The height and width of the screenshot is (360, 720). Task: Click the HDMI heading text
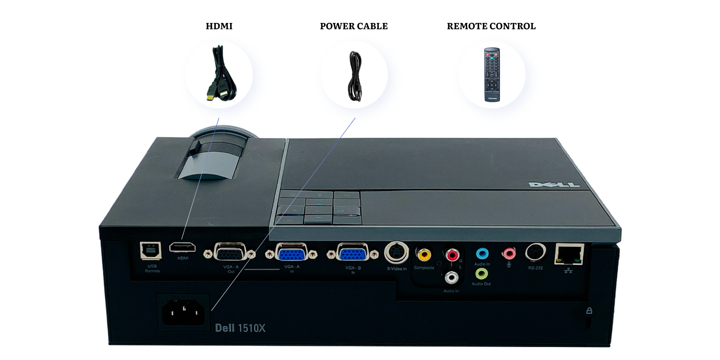pos(219,26)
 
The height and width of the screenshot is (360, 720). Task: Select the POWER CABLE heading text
pos(354,26)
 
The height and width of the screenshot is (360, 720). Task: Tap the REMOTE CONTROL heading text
pos(491,26)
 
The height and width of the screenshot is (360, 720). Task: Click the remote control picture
pos(491,74)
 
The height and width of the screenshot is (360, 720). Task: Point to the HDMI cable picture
pos(220,74)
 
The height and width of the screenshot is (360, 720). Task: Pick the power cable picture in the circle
pos(355,76)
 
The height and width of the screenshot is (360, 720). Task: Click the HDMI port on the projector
pos(182,247)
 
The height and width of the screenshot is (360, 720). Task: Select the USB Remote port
pos(151,251)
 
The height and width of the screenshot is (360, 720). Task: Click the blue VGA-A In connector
pos(291,254)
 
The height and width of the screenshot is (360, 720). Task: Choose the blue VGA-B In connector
pos(353,254)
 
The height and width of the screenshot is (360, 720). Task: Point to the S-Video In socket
pos(396,253)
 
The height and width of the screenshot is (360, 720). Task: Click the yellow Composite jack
pos(423,255)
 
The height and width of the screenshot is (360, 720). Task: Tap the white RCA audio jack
pos(452,277)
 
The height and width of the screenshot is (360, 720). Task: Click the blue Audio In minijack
pos(482,254)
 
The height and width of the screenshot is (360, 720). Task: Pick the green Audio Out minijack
pos(481,273)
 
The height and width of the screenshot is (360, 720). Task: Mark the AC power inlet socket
pos(183,312)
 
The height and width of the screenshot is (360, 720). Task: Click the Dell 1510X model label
pos(240,328)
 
